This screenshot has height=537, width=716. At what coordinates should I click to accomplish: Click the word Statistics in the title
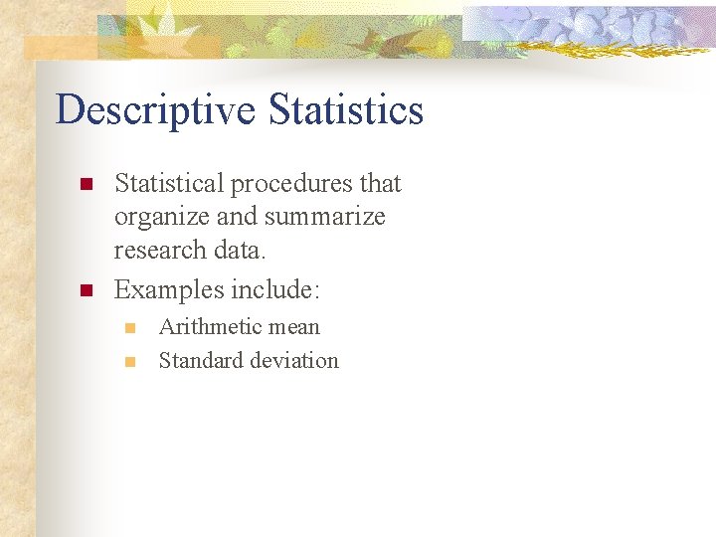tap(346, 109)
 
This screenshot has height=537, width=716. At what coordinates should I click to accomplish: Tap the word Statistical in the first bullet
tap(169, 184)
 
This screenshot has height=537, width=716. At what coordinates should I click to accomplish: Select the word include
tap(275, 290)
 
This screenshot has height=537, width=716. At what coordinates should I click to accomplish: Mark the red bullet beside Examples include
tap(87, 291)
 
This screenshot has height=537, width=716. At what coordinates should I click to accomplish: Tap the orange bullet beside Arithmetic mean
tap(129, 328)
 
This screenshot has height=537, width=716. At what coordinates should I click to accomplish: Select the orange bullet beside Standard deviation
tap(129, 362)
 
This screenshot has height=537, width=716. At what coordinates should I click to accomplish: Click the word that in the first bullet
tap(381, 184)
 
